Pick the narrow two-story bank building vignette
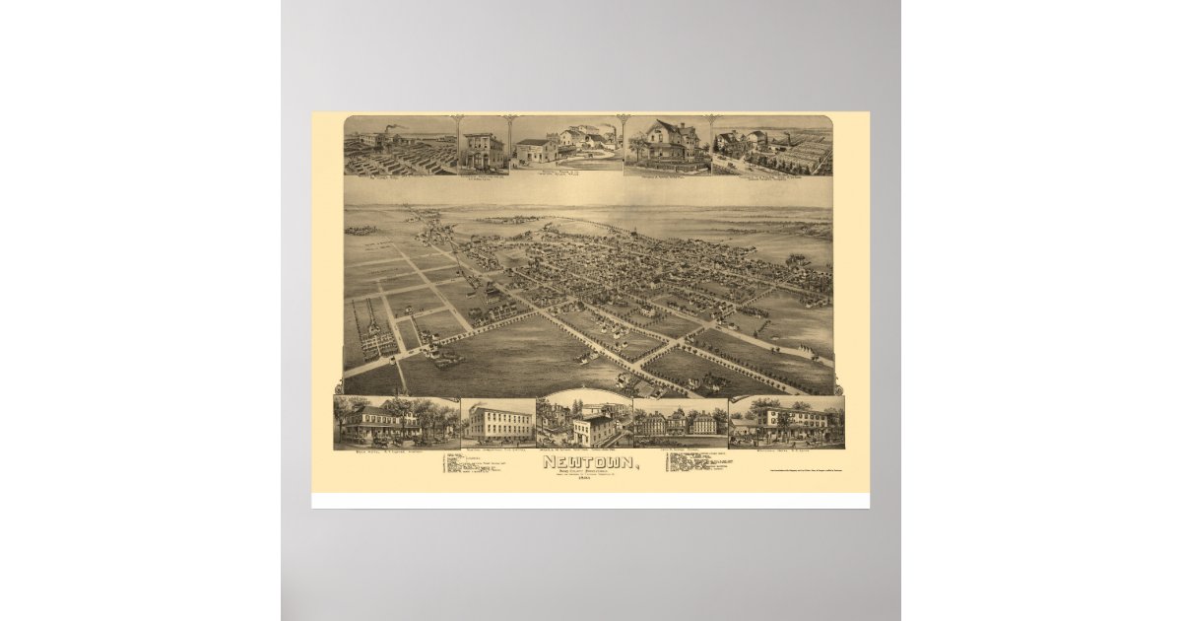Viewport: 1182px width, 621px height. pos(483,149)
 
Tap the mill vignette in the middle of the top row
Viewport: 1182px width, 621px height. pos(566,145)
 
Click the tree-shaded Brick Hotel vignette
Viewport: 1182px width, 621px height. pos(394,421)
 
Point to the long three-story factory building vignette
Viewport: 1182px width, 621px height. pos(498,421)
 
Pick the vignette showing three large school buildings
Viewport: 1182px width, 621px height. pos(681,423)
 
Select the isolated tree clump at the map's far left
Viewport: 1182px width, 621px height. pos(361,231)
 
